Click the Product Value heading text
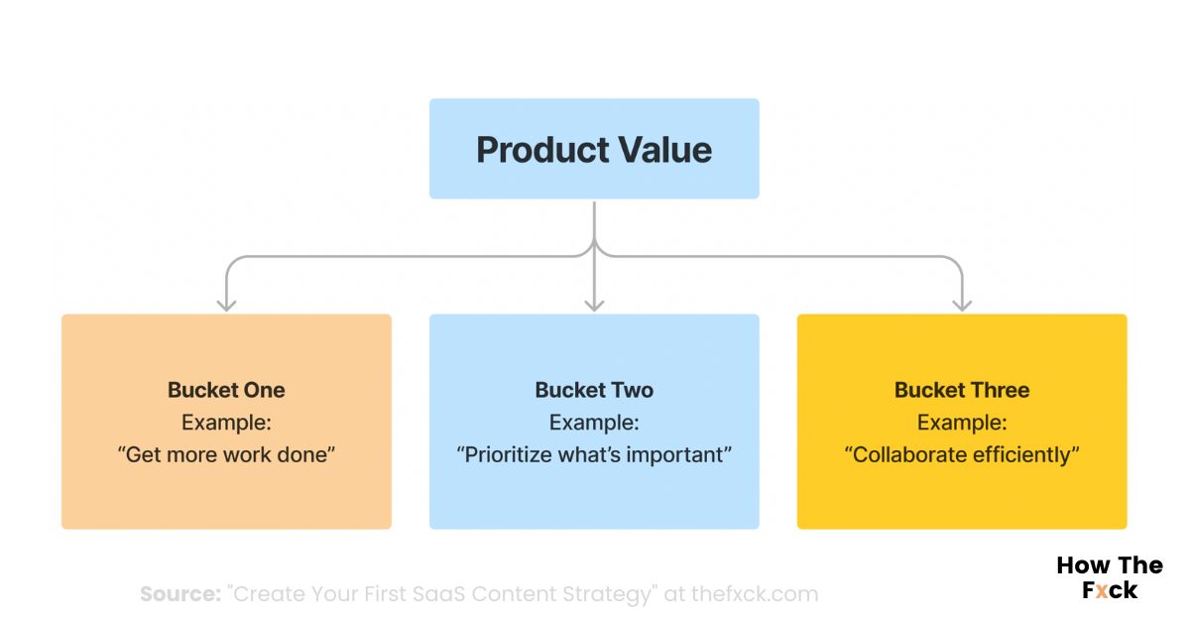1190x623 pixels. pyautogui.click(x=594, y=150)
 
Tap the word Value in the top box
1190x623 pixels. pyautogui.click(x=665, y=150)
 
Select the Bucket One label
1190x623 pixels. pyautogui.click(x=226, y=390)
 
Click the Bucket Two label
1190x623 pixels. pyautogui.click(x=594, y=390)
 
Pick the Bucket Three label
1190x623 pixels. pyautogui.click(x=962, y=390)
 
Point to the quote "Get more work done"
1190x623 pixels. pyautogui.click(x=226, y=455)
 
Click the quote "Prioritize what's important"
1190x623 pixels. pyautogui.click(x=594, y=455)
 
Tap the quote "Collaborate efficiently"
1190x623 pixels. pyautogui.click(x=962, y=455)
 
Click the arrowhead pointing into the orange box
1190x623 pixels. pyautogui.click(x=226, y=304)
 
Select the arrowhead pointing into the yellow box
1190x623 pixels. pyautogui.click(x=962, y=304)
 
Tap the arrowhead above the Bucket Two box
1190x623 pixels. pyautogui.click(x=594, y=304)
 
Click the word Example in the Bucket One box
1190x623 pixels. pyautogui.click(x=226, y=423)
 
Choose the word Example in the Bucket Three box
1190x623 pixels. pyautogui.click(x=962, y=423)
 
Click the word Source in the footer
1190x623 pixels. pyautogui.click(x=179, y=594)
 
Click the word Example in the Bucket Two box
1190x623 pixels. pyautogui.click(x=594, y=423)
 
